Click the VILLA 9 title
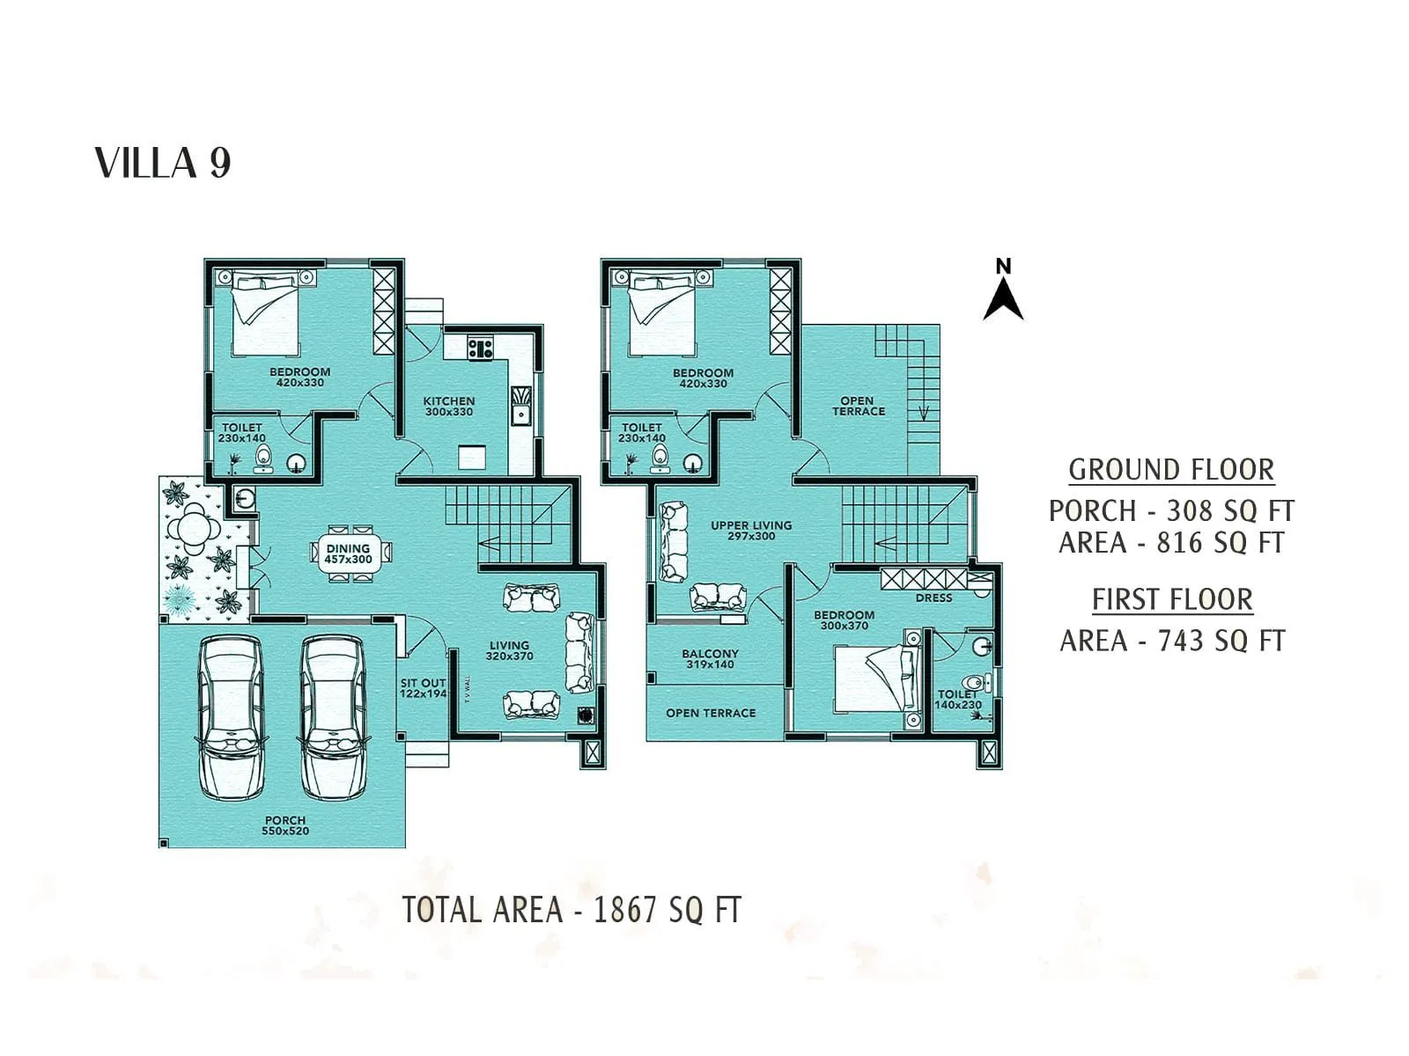[x=163, y=164]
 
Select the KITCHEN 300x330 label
[x=449, y=406]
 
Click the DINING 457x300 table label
[x=349, y=554]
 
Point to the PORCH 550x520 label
[x=285, y=825]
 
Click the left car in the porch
[x=231, y=717]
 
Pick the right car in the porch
[x=333, y=717]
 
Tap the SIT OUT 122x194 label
[x=424, y=688]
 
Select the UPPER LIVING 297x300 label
[x=751, y=530]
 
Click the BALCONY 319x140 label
[x=710, y=658]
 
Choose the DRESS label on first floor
[x=933, y=598]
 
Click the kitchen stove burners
[x=480, y=348]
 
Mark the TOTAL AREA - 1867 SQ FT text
[x=572, y=910]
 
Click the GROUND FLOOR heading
[x=1171, y=470]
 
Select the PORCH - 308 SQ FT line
[x=1171, y=510]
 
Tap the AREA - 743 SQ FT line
[x=1172, y=641]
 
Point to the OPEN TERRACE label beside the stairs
[x=858, y=406]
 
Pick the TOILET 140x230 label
[x=958, y=700]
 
